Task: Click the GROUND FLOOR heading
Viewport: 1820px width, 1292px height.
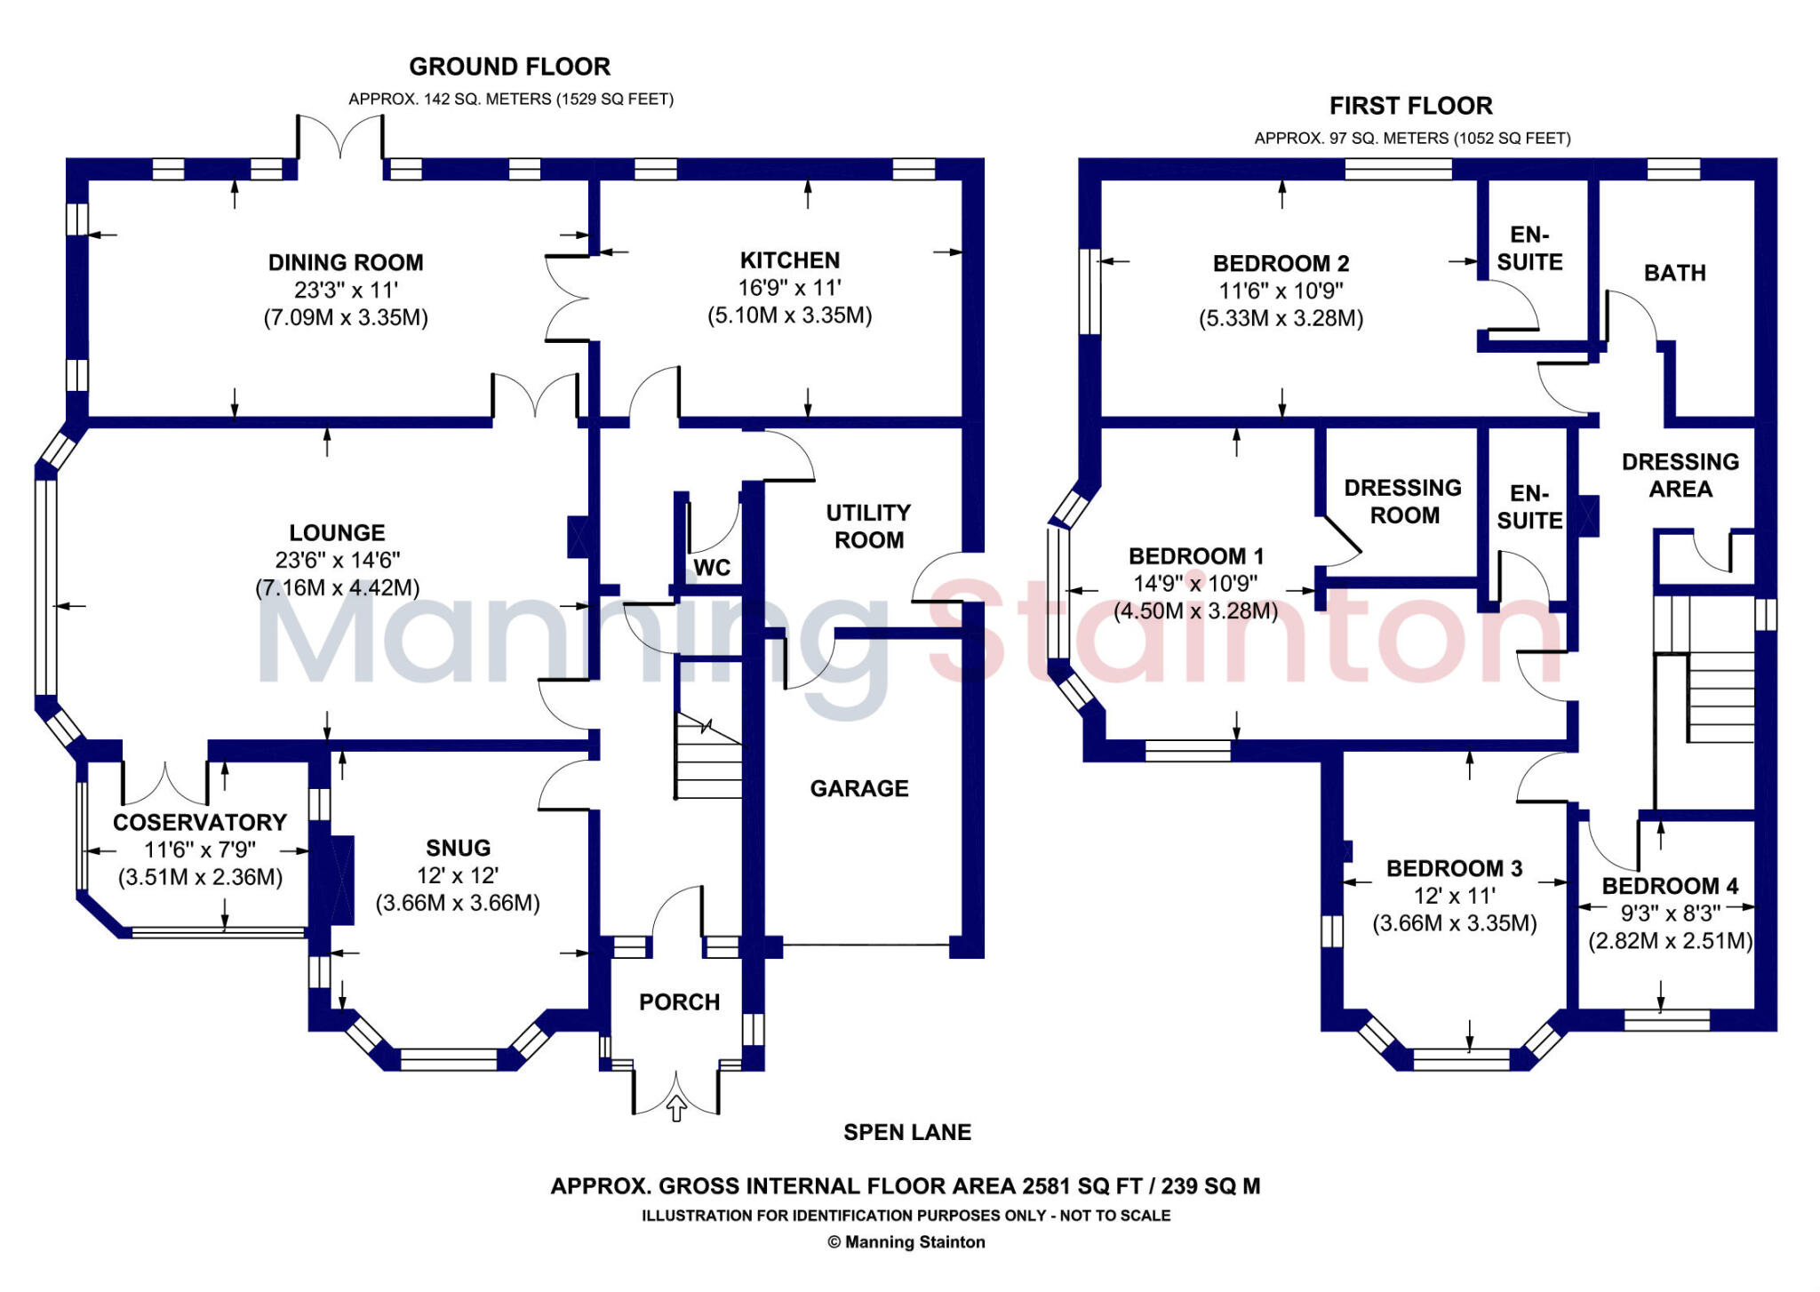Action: coord(509,67)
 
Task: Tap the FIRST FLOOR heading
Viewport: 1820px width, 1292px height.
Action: coord(1410,106)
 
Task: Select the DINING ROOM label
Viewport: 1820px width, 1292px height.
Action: coord(346,263)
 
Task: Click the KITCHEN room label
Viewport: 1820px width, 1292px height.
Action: coord(789,260)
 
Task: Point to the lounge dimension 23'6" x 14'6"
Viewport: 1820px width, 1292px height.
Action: coord(337,560)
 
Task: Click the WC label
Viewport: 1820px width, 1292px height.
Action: coord(712,568)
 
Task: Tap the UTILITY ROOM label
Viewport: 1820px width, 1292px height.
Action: coord(868,526)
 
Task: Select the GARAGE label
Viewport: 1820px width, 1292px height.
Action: coord(858,788)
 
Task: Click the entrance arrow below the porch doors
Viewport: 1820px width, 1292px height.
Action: coord(676,1108)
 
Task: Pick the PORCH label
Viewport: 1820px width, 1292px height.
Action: coord(679,1002)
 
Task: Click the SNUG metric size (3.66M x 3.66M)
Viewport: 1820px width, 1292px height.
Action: coord(458,903)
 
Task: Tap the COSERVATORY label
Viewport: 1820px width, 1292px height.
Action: coord(200,823)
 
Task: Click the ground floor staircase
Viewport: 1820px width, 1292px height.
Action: coord(708,755)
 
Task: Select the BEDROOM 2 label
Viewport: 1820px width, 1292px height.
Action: coord(1281,264)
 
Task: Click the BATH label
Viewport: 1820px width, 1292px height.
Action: coord(1674,273)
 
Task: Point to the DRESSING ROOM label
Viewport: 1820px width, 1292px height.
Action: coord(1402,501)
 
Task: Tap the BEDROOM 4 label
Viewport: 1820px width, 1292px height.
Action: coord(1670,886)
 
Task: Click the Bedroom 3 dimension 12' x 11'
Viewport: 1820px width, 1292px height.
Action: coord(1454,896)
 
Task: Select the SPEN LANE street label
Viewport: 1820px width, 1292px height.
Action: coord(906,1132)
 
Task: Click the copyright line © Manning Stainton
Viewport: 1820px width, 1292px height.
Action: coord(906,1242)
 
